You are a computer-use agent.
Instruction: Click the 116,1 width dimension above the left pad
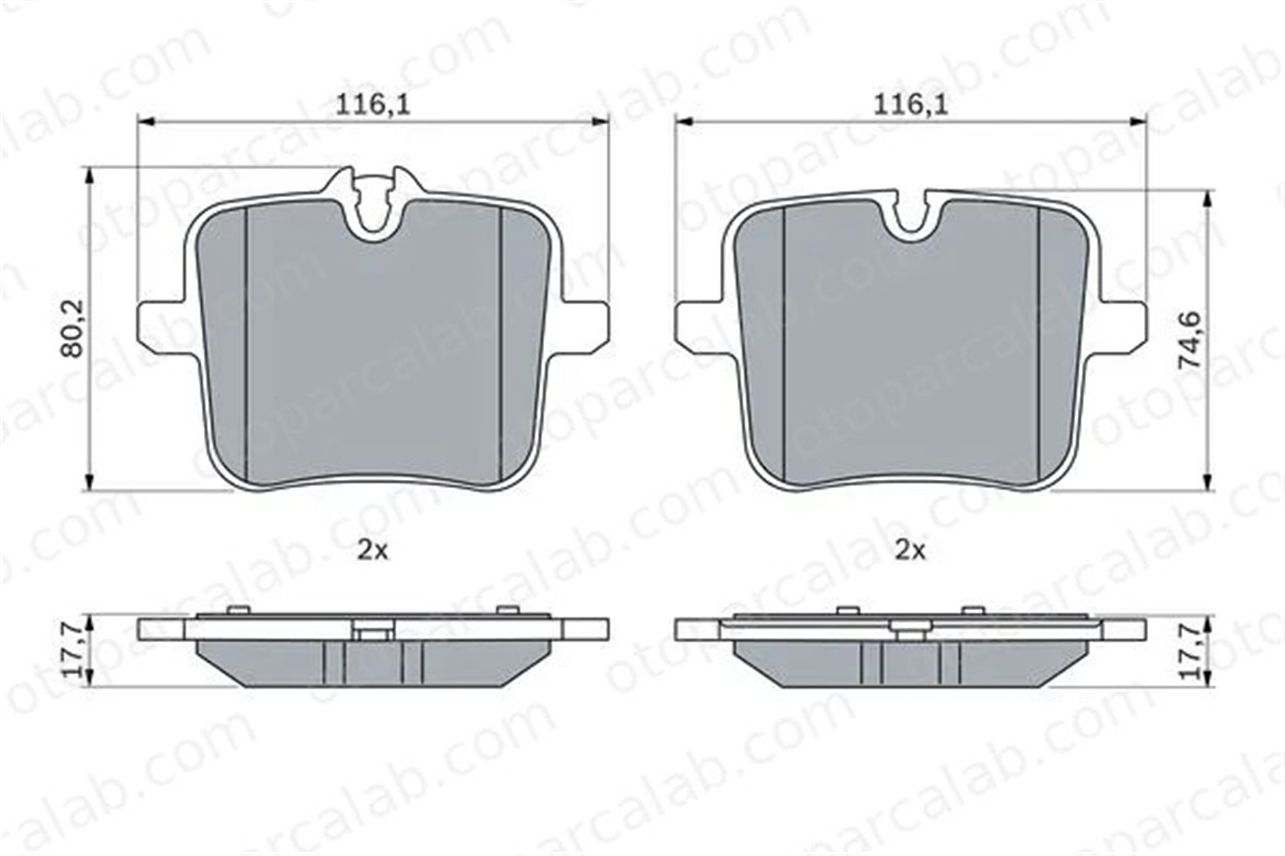373,105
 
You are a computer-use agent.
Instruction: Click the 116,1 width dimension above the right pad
910,105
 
